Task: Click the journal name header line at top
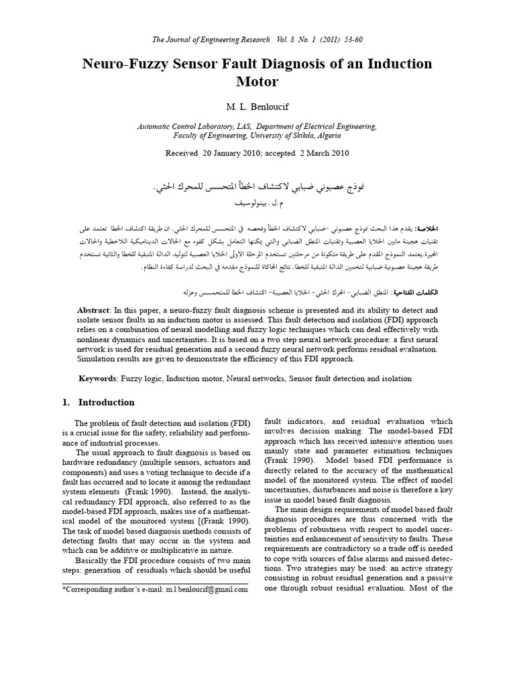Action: [x=257, y=40]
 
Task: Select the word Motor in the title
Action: [x=257, y=83]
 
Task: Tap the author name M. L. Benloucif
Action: [x=257, y=108]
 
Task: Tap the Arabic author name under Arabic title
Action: [x=258, y=201]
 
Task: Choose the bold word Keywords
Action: [x=98, y=379]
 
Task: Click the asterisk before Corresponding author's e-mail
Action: [x=64, y=588]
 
